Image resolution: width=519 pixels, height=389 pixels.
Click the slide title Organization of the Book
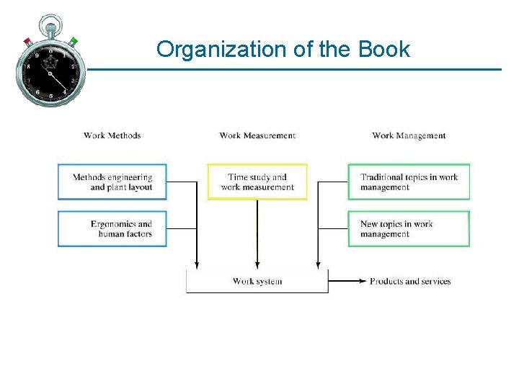(x=283, y=50)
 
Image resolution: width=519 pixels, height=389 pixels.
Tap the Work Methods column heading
(x=112, y=135)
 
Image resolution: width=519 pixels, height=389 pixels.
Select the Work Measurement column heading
(x=257, y=135)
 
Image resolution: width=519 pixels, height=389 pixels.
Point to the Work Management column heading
(x=409, y=135)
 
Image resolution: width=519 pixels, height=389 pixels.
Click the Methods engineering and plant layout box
(x=112, y=182)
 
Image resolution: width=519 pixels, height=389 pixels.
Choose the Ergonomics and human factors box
(x=112, y=229)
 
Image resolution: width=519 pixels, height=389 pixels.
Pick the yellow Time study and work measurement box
(x=257, y=182)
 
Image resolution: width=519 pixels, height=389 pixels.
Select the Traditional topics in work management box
(x=409, y=182)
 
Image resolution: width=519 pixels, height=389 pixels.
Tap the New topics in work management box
(x=409, y=229)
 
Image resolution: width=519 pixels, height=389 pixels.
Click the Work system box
(x=257, y=281)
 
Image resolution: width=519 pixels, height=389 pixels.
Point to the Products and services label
(x=410, y=281)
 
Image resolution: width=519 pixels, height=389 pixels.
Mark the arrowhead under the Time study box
(x=257, y=265)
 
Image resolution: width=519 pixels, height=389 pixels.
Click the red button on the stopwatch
(x=27, y=41)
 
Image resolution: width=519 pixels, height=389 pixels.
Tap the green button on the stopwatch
(x=74, y=41)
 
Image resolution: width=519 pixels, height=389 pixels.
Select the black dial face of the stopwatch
(x=50, y=72)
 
